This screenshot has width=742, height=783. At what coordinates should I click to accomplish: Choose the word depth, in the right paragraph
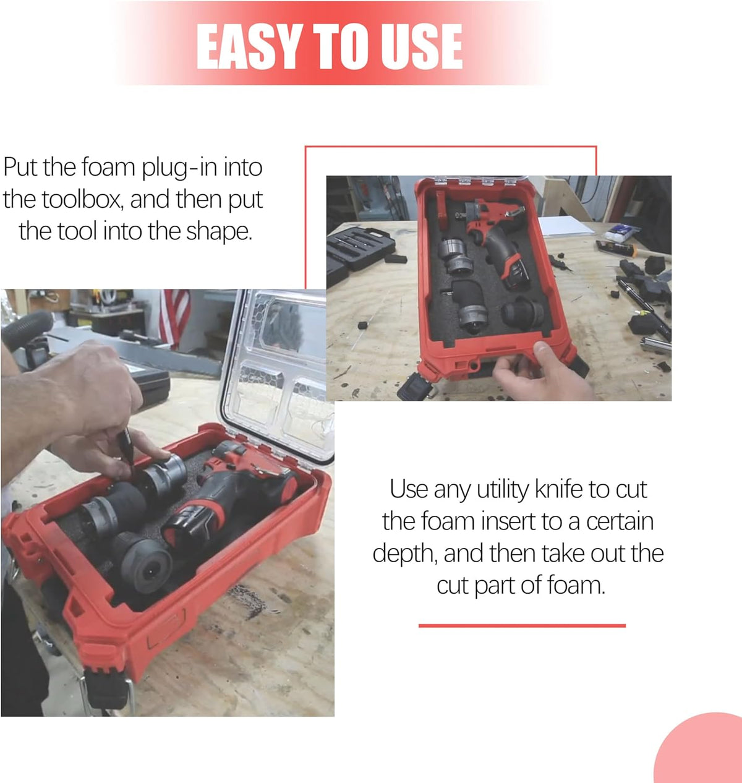point(406,554)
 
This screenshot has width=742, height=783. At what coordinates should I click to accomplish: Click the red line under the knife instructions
point(522,626)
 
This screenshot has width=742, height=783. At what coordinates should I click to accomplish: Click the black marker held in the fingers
point(126,448)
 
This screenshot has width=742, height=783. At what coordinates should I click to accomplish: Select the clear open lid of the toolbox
point(279,374)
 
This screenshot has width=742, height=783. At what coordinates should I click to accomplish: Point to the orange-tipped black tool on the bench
point(616,248)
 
